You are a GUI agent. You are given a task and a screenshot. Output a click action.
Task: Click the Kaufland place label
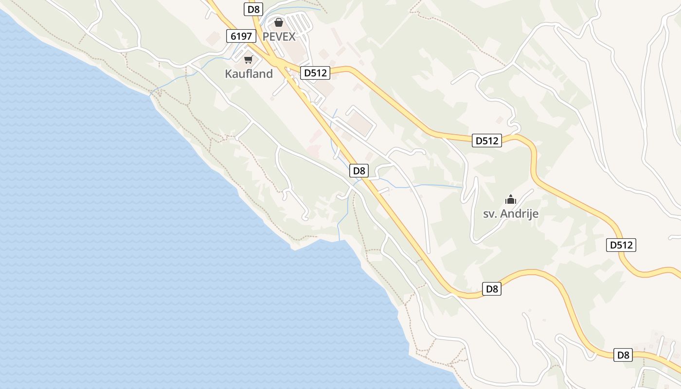[x=249, y=74]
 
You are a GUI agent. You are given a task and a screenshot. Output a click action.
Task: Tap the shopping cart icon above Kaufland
[x=249, y=60]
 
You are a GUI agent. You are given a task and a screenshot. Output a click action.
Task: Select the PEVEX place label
[x=279, y=36]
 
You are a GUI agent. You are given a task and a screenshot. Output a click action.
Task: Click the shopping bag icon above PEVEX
[x=279, y=22]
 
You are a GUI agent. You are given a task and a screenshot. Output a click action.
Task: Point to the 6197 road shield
[x=241, y=35]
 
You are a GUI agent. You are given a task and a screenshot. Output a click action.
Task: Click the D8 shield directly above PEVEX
[x=253, y=9]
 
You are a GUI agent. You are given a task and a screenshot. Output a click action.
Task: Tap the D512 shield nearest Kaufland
[x=315, y=73]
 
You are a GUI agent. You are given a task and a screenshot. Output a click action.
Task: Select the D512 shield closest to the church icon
[x=487, y=141]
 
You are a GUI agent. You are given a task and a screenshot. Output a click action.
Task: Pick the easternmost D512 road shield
[x=621, y=245]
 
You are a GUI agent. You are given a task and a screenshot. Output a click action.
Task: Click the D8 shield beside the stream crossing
[x=359, y=171]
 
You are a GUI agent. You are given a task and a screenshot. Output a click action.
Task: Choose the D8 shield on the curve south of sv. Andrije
[x=492, y=289]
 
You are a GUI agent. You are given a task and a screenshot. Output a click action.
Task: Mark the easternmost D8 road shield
[x=623, y=355]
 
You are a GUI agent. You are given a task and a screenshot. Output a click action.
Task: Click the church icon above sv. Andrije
[x=510, y=199]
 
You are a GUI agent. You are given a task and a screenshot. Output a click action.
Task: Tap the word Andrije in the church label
[x=520, y=214]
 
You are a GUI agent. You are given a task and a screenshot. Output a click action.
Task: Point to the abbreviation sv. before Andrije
[x=491, y=214]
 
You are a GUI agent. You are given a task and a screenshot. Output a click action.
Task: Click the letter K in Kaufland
[x=228, y=74]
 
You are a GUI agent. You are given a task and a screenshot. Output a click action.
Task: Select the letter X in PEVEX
[x=291, y=36]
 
